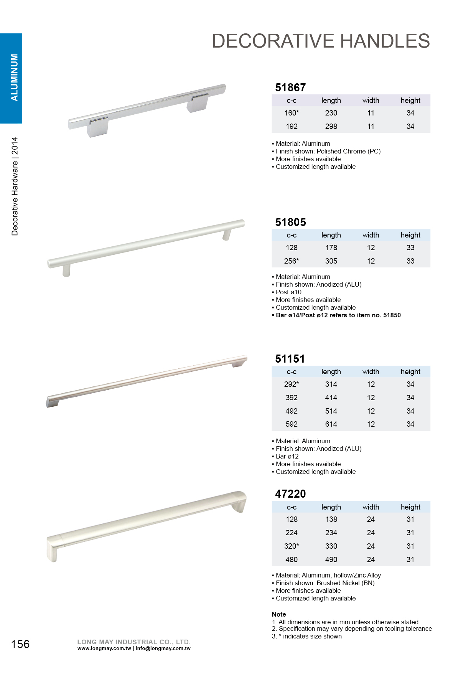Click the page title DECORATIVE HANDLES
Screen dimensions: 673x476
tap(321, 41)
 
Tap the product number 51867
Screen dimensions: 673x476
tap(290, 87)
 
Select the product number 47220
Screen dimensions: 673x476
tap(290, 494)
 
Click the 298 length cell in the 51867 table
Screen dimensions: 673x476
tap(331, 126)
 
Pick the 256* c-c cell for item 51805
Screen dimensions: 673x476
tap(292, 261)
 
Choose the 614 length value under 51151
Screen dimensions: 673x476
tap(331, 424)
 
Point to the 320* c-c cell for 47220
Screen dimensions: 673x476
tap(292, 546)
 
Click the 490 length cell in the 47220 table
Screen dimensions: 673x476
tap(331, 559)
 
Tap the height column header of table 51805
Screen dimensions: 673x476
tap(410, 235)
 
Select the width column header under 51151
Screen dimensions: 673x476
tap(371, 372)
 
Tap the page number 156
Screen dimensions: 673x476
tap(20, 644)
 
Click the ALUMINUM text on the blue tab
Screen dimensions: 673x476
tap(15, 78)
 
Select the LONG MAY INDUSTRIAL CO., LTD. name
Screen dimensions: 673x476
tap(134, 642)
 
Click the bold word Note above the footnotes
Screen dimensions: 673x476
tap(279, 614)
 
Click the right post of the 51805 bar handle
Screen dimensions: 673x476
tap(227, 234)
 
